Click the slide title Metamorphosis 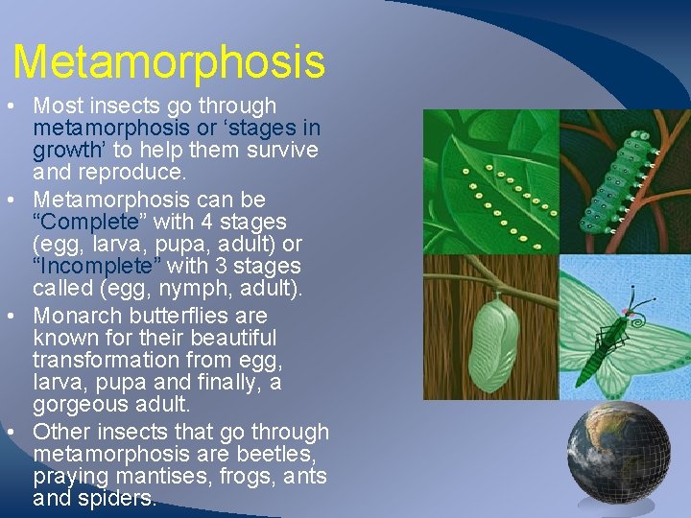169,62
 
